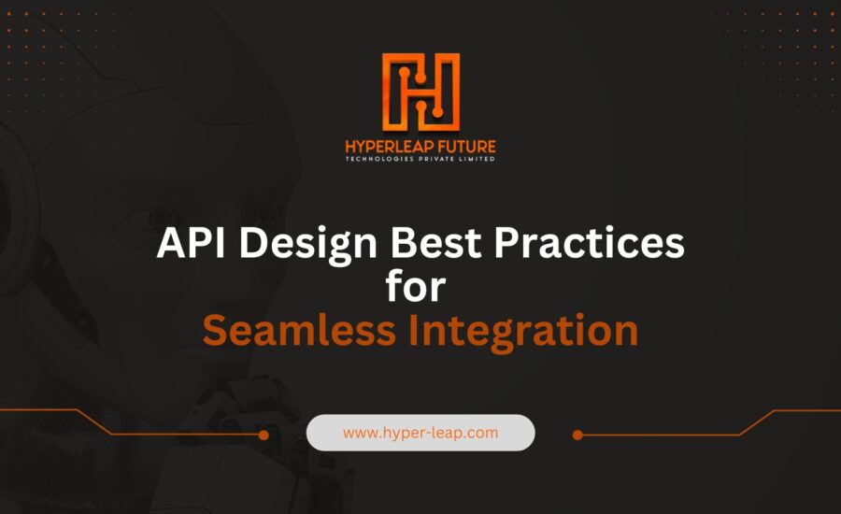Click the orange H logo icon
click(x=420, y=92)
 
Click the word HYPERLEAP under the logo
click(x=382, y=147)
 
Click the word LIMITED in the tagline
click(x=477, y=159)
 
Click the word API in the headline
click(x=191, y=242)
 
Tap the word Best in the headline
click(x=435, y=242)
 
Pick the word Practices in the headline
click(x=589, y=242)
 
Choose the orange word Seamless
click(x=299, y=330)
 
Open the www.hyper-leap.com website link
click(x=420, y=433)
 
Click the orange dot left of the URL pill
click(x=264, y=435)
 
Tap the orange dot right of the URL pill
click(x=577, y=435)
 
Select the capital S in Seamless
click(x=215, y=330)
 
